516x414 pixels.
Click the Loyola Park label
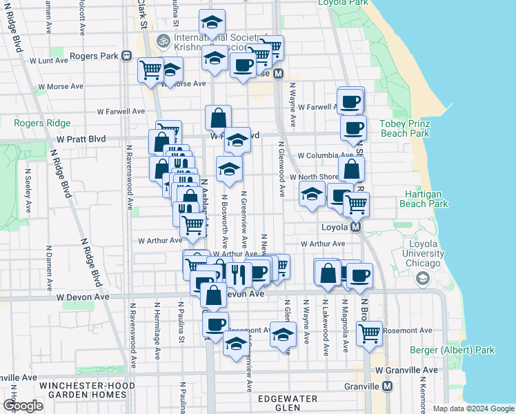point(344,3)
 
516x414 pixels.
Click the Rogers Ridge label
point(42,124)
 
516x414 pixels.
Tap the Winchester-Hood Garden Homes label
point(83,390)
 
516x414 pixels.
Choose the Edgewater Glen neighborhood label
point(287,403)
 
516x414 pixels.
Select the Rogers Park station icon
point(126,55)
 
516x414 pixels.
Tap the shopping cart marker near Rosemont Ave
point(369,333)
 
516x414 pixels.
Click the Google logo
point(23,406)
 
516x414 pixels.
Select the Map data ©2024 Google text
point(473,408)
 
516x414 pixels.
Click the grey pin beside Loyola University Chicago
point(422,279)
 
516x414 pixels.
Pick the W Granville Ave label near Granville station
point(406,371)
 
